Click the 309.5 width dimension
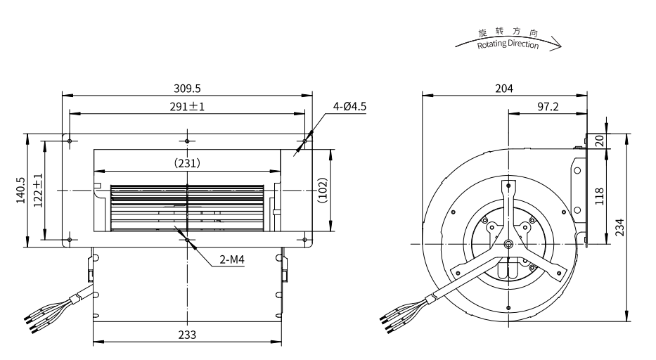pyautogui.click(x=187, y=89)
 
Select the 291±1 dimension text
pyautogui.click(x=187, y=107)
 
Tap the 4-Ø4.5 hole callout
pyautogui.click(x=349, y=106)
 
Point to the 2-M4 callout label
pyautogui.click(x=232, y=259)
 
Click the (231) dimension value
pyautogui.click(x=187, y=163)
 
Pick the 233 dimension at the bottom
pyautogui.click(x=187, y=335)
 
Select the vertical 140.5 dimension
pyautogui.click(x=21, y=191)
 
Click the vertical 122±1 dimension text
pyautogui.click(x=38, y=191)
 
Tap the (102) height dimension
pyautogui.click(x=323, y=191)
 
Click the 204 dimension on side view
pyautogui.click(x=503, y=89)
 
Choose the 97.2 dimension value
pyautogui.click(x=548, y=107)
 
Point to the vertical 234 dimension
pyautogui.click(x=619, y=227)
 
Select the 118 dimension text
pyautogui.click(x=599, y=196)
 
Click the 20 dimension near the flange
pyautogui.click(x=599, y=141)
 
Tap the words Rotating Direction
pyautogui.click(x=508, y=44)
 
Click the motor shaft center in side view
pyautogui.click(x=508, y=243)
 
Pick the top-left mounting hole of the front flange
pyautogui.click(x=70, y=141)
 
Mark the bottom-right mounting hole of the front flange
pyautogui.click(x=304, y=240)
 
